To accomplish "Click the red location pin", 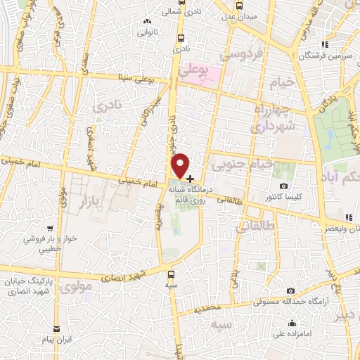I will click(180, 165).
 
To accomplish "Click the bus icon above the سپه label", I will click(172, 274).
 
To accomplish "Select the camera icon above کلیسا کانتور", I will click(283, 186).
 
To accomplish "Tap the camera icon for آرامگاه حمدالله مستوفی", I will click(290, 291).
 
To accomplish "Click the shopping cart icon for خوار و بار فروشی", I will click(50, 229).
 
